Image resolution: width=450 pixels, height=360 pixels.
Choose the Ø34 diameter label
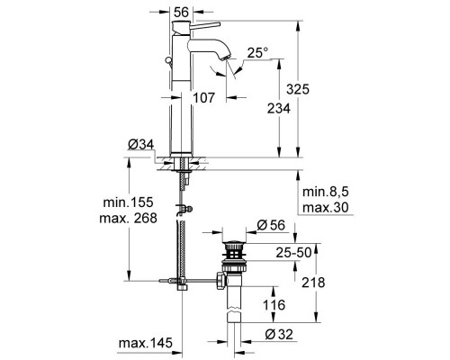(140, 143)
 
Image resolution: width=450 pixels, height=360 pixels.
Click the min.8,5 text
(325, 192)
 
